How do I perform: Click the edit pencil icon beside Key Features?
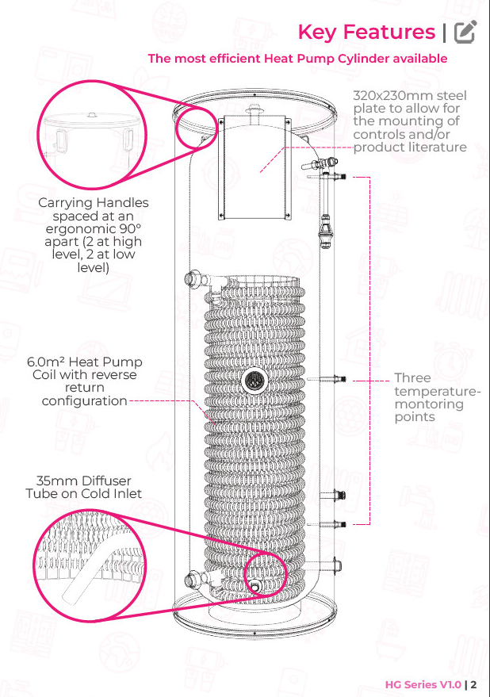tap(465, 32)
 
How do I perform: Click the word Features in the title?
tap(389, 32)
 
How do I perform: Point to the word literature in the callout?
tap(439, 147)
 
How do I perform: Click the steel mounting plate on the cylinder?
tap(255, 167)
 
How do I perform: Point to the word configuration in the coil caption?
tap(85, 401)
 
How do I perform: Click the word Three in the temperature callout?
tap(412, 377)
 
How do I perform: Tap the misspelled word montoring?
tap(429, 404)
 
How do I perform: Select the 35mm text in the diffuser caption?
tap(51, 481)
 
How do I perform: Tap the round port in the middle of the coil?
tap(255, 381)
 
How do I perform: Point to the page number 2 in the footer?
tap(473, 684)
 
